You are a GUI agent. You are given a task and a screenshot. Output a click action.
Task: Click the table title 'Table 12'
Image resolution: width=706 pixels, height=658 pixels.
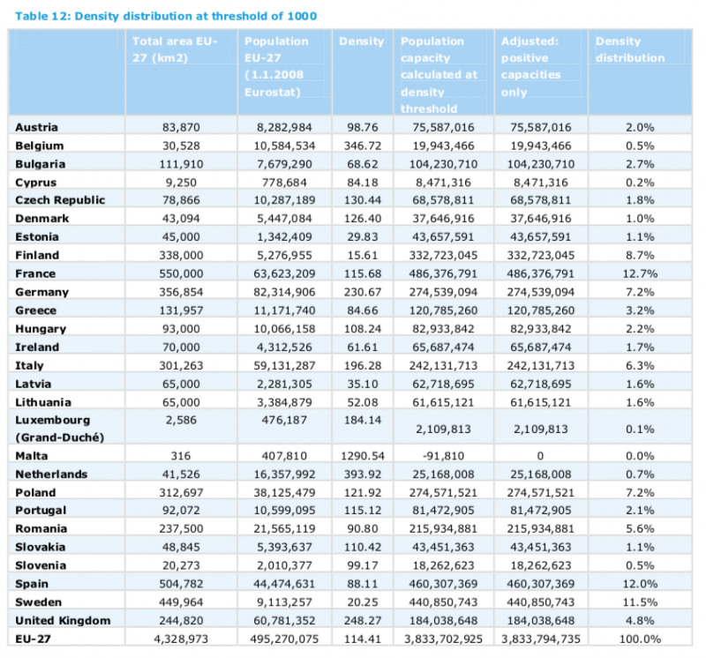(41, 16)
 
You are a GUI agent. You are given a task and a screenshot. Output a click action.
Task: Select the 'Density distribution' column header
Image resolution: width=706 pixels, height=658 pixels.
(630, 49)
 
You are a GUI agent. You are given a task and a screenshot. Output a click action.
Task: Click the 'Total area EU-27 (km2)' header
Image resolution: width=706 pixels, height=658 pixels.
(175, 49)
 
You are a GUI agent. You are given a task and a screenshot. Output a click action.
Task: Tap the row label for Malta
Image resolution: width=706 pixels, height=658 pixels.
(32, 456)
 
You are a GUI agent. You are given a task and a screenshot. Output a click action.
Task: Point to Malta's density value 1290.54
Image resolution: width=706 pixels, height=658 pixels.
(363, 456)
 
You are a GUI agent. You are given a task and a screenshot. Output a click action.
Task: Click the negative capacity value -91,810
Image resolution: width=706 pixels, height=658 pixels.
(443, 456)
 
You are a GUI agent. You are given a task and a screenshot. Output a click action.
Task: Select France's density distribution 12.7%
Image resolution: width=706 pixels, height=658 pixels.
(640, 273)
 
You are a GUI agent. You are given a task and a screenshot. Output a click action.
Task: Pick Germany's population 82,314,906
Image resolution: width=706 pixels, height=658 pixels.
(284, 292)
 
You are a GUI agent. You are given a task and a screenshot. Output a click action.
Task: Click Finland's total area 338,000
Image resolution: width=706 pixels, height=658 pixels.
(181, 255)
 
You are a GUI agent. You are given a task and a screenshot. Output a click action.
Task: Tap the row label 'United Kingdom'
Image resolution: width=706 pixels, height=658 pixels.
(63, 621)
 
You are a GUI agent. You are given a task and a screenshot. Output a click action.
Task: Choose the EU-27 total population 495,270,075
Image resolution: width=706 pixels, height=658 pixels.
(284, 639)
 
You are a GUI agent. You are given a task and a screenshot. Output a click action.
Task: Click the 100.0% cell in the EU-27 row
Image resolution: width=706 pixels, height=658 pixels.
(640, 639)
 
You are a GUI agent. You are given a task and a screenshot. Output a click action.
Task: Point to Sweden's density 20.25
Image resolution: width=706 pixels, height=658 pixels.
(363, 602)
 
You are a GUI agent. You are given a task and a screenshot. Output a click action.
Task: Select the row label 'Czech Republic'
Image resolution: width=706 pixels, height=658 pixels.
(60, 200)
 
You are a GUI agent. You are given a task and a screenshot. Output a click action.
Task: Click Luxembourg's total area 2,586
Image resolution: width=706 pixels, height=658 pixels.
(181, 420)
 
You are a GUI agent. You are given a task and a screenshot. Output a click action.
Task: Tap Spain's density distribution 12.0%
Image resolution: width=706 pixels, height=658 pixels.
(640, 584)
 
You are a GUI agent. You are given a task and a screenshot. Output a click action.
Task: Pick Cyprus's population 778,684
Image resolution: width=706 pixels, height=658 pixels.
(284, 183)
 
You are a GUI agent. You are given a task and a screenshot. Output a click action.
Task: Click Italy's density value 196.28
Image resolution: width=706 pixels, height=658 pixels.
(363, 365)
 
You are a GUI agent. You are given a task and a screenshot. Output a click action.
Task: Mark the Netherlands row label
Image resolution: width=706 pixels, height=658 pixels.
(51, 475)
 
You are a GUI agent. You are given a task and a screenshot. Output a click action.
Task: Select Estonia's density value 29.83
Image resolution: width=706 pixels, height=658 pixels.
(363, 236)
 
